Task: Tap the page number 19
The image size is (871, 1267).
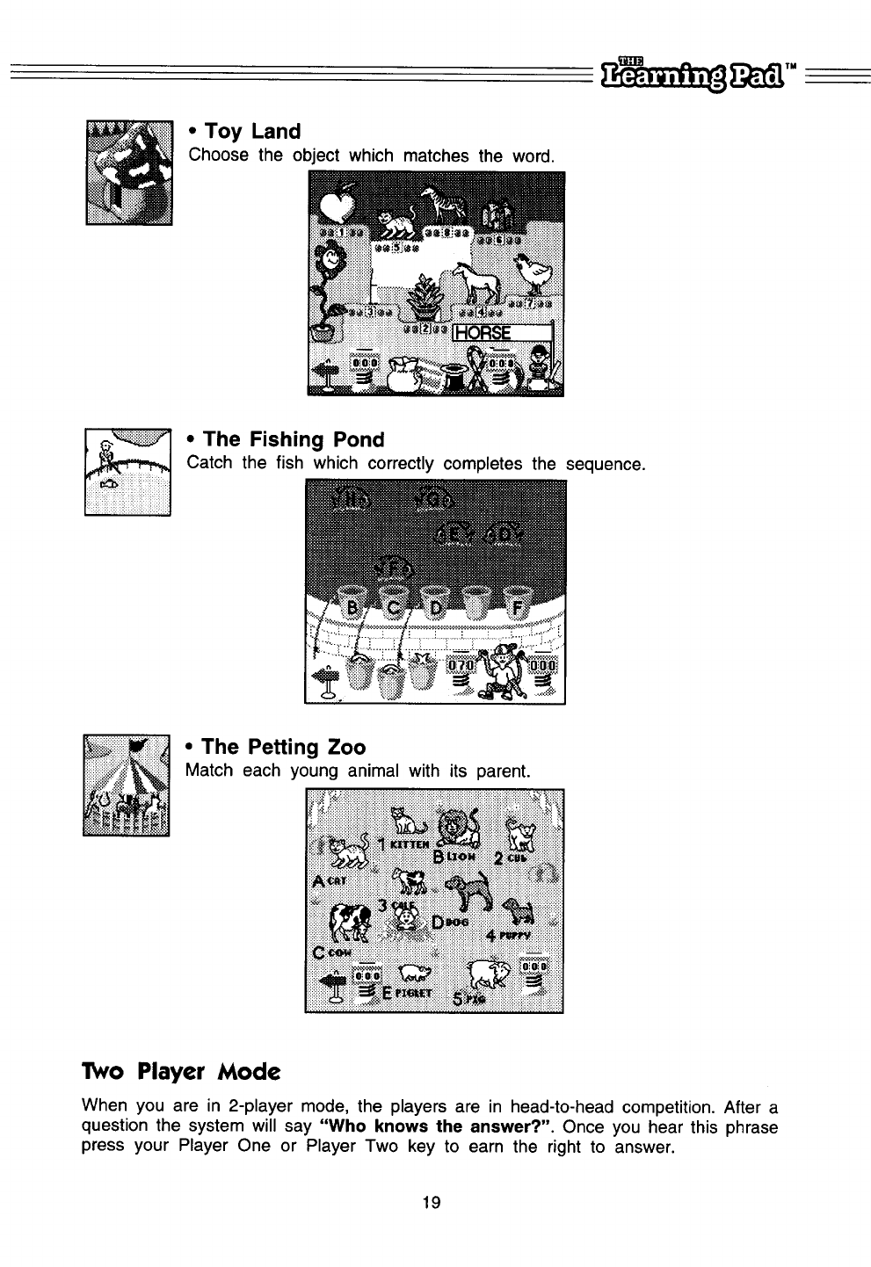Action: pyautogui.click(x=431, y=1202)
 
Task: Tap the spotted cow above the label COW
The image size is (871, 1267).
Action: pyautogui.click(x=352, y=923)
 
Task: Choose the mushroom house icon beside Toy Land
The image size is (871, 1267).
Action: pyautogui.click(x=129, y=171)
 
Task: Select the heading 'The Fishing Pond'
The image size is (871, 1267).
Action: pyautogui.click(x=286, y=438)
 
